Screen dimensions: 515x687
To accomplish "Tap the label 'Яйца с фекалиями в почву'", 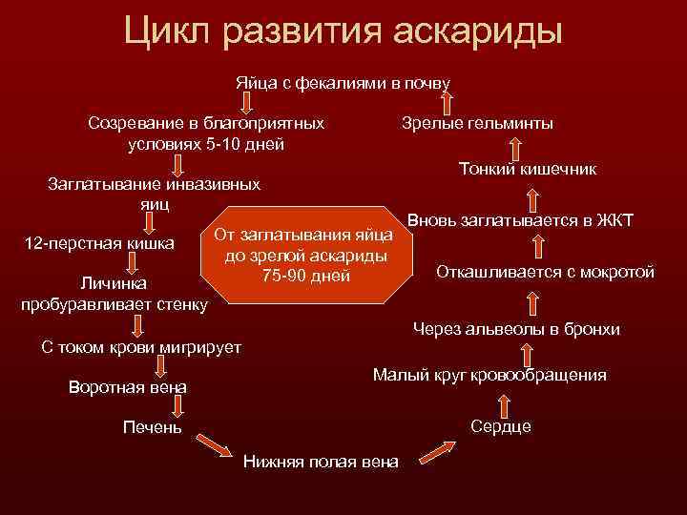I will pyautogui.click(x=343, y=83).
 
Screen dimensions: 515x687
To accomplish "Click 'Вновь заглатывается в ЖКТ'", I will pyautogui.click(x=520, y=221).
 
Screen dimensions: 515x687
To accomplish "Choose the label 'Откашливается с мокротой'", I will pyautogui.click(x=545, y=271).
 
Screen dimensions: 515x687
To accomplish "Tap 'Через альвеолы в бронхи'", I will pyautogui.click(x=516, y=329).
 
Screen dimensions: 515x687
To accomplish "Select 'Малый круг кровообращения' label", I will pyautogui.click(x=489, y=375).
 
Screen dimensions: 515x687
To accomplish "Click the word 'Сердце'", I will pyautogui.click(x=501, y=426).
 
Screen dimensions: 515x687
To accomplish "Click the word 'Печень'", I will pyautogui.click(x=152, y=426).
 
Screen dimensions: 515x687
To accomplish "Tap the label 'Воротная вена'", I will pyautogui.click(x=129, y=388).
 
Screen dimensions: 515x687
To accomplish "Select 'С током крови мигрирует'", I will pyautogui.click(x=141, y=346).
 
